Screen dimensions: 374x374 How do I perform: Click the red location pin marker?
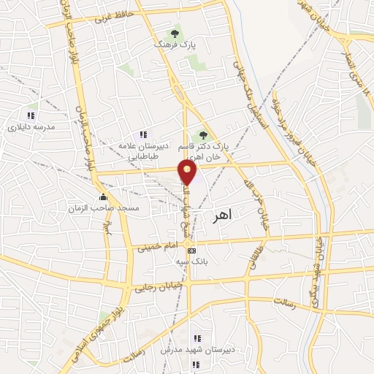pyautogui.click(x=188, y=172)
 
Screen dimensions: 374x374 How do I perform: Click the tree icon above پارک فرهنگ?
pyautogui.click(x=174, y=33)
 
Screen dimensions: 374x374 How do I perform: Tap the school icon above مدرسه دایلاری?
pyautogui.click(x=31, y=115)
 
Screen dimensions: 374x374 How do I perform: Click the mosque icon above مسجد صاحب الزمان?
pyautogui.click(x=104, y=196)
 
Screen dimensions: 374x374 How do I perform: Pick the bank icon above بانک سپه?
pyautogui.click(x=191, y=250)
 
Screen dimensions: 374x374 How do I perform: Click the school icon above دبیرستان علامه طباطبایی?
pyautogui.click(x=143, y=134)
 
